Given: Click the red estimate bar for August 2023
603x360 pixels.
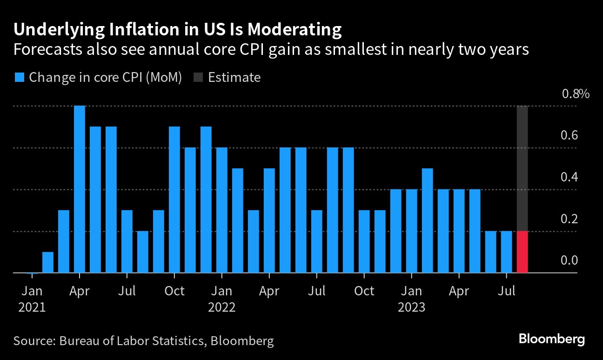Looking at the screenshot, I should click(x=522, y=252).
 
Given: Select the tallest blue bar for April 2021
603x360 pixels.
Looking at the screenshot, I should click(x=80, y=189).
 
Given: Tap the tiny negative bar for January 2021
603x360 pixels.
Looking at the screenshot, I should click(x=32, y=273).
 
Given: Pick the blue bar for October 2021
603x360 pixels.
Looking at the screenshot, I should click(x=174, y=200).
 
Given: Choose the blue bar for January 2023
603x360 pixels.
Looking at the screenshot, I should click(x=412, y=231).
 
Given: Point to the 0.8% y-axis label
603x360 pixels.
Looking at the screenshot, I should click(x=576, y=94).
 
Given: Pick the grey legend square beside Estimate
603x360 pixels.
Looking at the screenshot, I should click(x=197, y=77).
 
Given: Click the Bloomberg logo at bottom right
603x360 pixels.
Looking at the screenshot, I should click(x=551, y=339).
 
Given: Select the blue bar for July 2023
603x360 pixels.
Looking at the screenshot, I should click(x=506, y=252).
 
